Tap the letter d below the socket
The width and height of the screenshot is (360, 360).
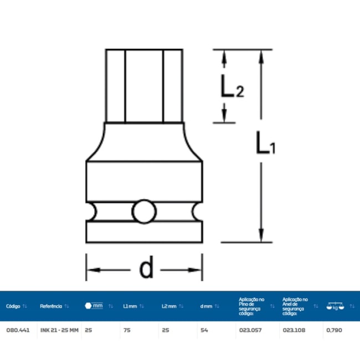tap(146, 269)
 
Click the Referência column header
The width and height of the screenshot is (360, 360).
tap(51, 306)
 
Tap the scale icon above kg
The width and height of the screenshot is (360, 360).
tap(335, 304)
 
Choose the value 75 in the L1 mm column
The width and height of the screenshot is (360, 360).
tap(126, 330)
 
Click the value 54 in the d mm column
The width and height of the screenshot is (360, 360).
tap(204, 330)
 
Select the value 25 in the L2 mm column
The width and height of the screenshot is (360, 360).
tap(165, 330)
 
